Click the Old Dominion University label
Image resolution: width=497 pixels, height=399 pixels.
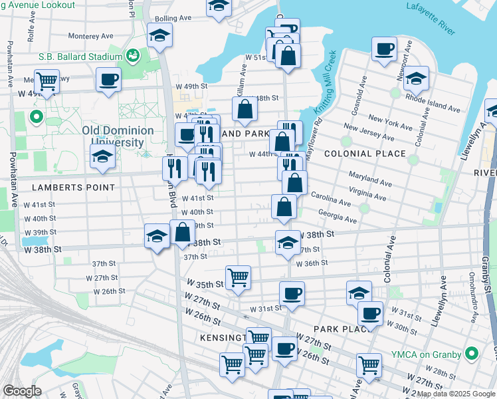[118, 136]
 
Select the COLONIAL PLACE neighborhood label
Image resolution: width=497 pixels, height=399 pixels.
[365, 154]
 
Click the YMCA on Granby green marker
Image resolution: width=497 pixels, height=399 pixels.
[471, 352]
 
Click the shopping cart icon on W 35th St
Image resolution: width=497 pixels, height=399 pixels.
[238, 277]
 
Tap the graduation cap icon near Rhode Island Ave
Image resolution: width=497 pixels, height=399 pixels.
[416, 78]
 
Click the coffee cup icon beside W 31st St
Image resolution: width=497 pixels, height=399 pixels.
[291, 293]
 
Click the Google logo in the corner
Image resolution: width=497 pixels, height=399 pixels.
[22, 391]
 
